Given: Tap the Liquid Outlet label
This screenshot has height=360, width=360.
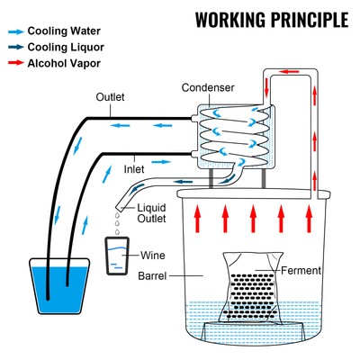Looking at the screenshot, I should (152, 214).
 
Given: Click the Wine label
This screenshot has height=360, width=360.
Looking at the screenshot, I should (153, 255).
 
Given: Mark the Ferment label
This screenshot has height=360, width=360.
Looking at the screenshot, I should (296, 269).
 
